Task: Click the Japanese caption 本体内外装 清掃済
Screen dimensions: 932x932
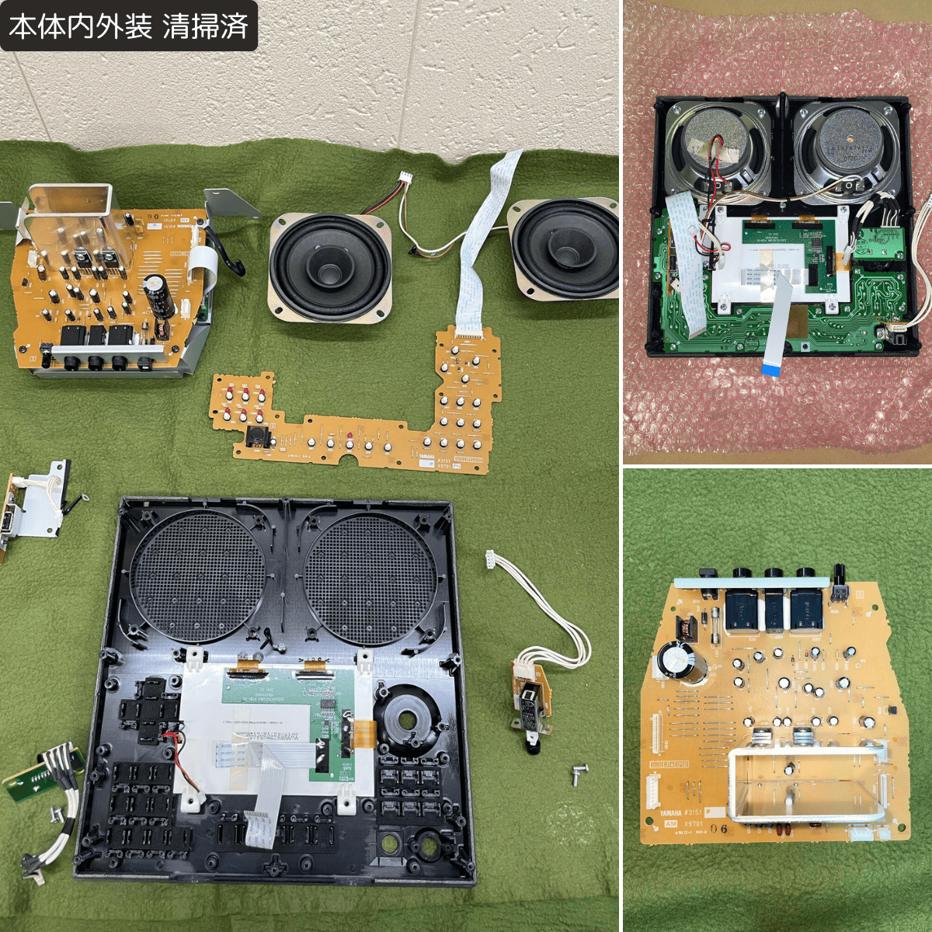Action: [128, 26]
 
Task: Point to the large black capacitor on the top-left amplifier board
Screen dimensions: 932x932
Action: [161, 294]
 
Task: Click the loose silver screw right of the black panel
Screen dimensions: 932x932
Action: [578, 774]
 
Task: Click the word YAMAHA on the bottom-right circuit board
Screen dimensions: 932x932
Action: [670, 813]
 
